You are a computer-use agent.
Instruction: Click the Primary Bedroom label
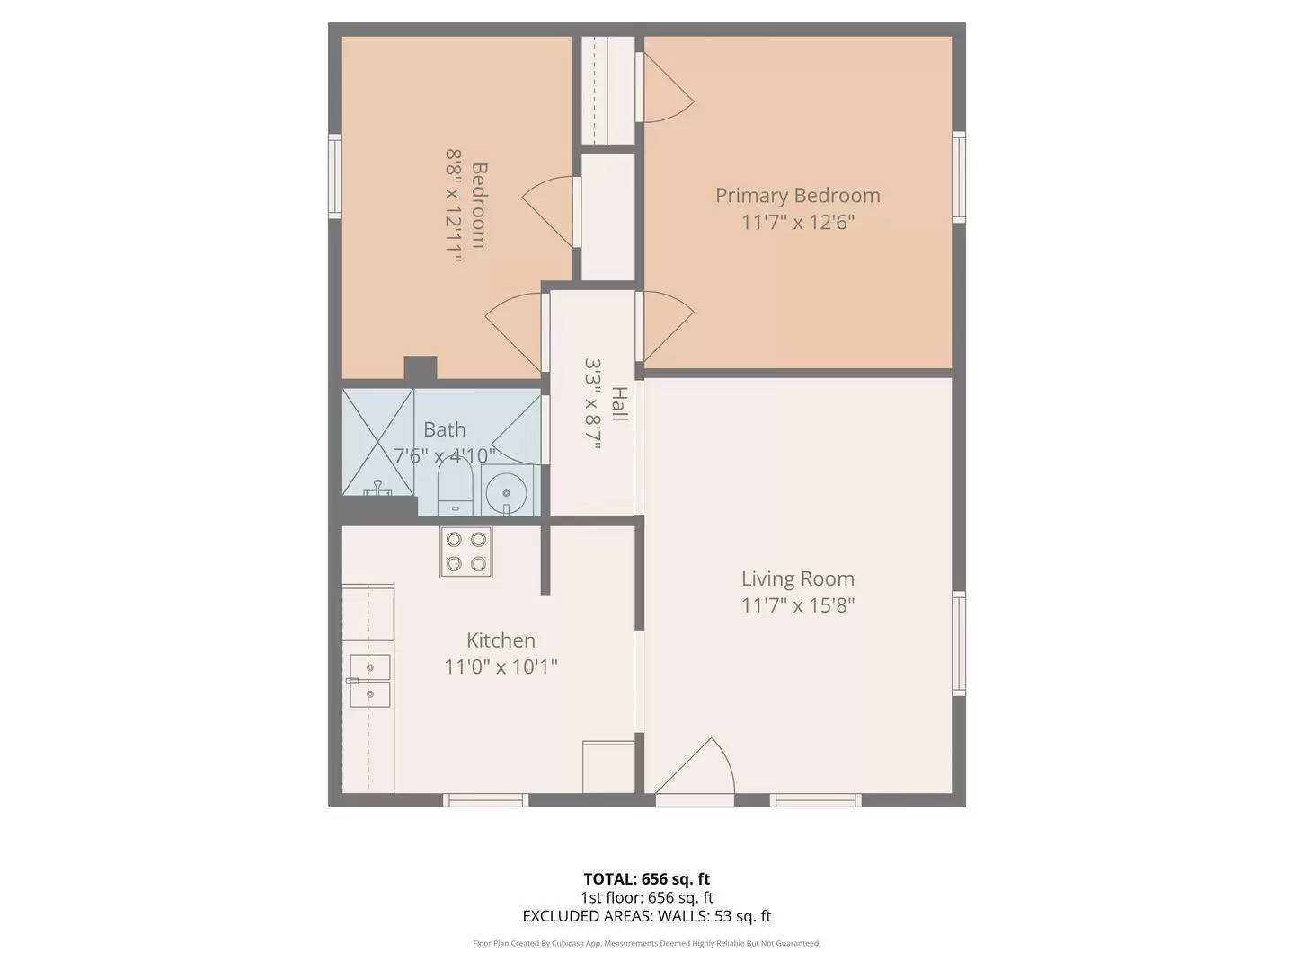click(797, 196)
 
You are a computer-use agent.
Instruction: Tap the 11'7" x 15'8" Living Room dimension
click(797, 605)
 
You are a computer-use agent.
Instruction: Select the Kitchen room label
click(501, 640)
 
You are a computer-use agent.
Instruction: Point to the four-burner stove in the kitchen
click(465, 551)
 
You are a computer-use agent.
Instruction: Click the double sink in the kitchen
click(369, 681)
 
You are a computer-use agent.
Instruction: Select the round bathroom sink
click(506, 493)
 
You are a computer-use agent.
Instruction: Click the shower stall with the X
click(377, 442)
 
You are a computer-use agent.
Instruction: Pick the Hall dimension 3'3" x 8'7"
click(592, 404)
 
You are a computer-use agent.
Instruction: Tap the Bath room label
click(445, 429)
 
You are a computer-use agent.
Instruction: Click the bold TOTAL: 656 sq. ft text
click(647, 879)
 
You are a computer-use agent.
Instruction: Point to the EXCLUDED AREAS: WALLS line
click(647, 916)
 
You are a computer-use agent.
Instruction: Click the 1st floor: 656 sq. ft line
click(647, 897)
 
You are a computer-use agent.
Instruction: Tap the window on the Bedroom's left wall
click(334, 176)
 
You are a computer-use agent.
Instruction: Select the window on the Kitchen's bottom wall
click(486, 799)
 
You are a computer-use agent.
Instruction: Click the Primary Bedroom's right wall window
click(959, 176)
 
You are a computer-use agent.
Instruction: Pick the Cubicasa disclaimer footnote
click(647, 943)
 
